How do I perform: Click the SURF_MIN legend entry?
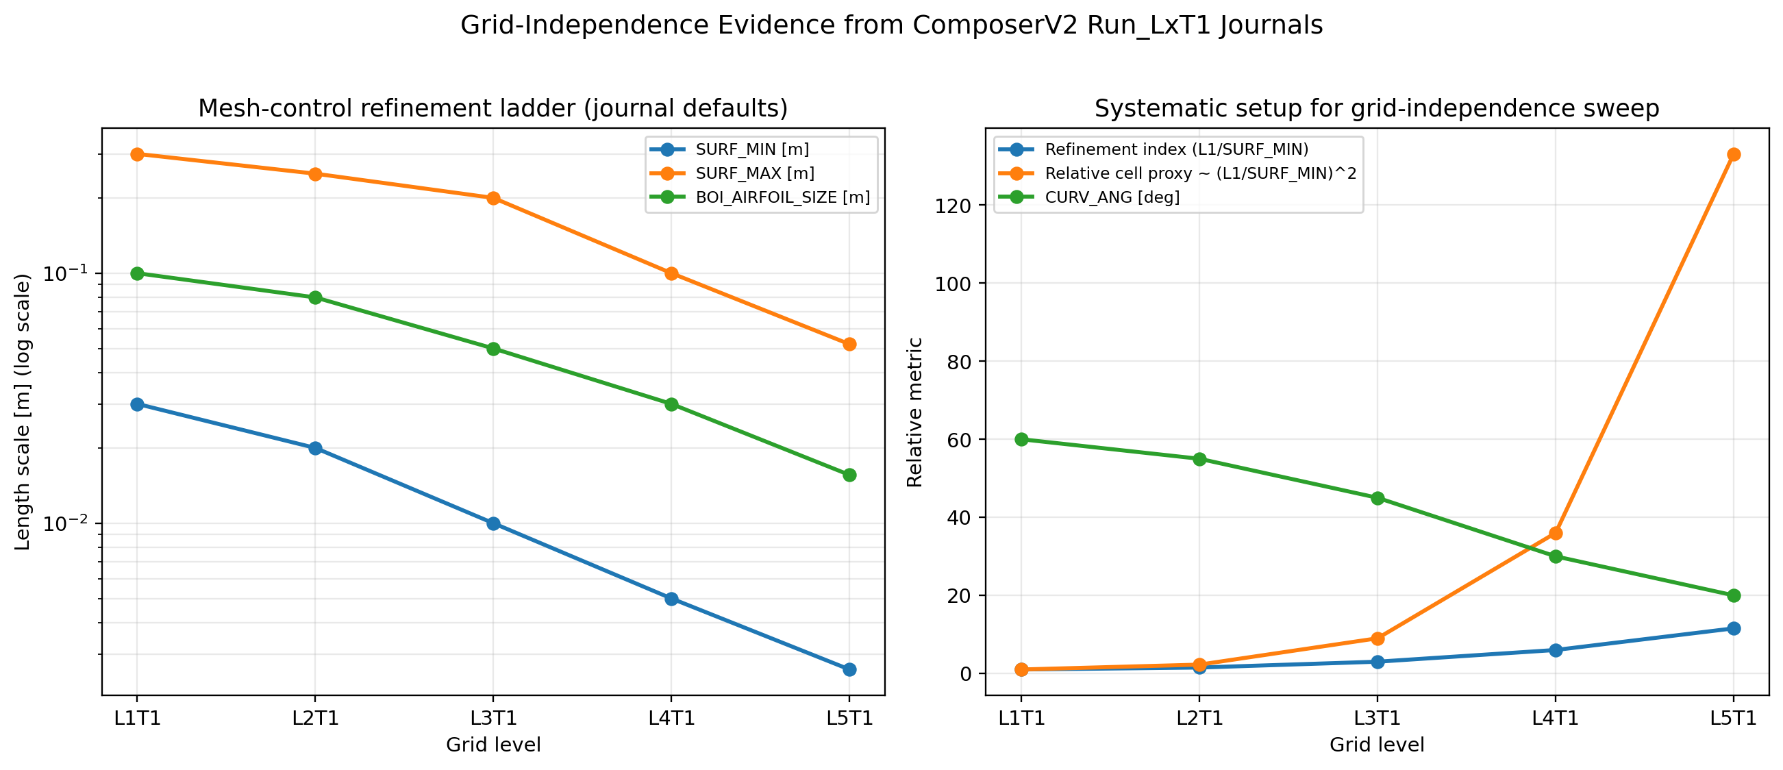coord(751,149)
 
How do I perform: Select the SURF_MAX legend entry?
coord(754,173)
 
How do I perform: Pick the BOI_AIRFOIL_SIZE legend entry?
coord(782,197)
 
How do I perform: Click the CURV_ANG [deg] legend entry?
coord(1112,197)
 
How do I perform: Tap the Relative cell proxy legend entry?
coord(1200,173)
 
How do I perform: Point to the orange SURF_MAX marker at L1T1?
coord(137,154)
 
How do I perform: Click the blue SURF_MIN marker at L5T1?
coord(849,669)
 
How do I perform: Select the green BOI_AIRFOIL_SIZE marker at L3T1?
coord(493,349)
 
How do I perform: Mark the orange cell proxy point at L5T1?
coord(1733,154)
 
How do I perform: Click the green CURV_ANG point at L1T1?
coord(1021,439)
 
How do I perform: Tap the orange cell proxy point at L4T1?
coord(1556,533)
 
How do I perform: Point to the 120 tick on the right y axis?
coord(953,206)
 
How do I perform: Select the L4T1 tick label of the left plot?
coord(671,718)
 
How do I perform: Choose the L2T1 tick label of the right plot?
coord(1199,718)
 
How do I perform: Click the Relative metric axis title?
coord(915,412)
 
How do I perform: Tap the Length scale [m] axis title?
coord(23,412)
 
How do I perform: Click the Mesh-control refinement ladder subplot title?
coord(492,109)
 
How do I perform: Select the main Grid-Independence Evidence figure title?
coord(892,25)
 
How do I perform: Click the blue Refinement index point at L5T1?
coord(1733,629)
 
